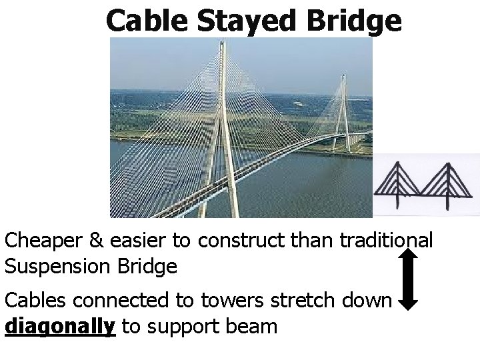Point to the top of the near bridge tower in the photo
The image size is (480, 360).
point(221,45)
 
